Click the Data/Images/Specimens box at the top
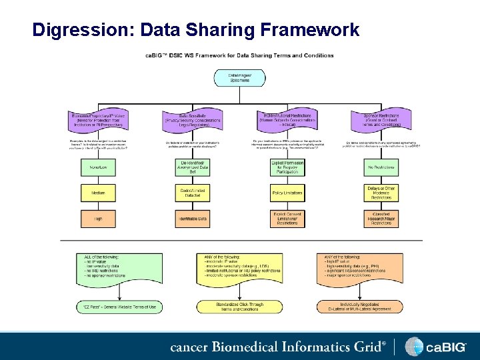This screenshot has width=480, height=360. (240, 77)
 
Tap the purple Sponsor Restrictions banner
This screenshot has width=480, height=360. (381, 119)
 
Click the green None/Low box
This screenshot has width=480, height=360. (99, 167)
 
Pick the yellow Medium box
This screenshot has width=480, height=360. (99, 193)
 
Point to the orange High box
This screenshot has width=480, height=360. (99, 218)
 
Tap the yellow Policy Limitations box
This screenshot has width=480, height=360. (287, 193)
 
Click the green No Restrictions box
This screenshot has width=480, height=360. (381, 167)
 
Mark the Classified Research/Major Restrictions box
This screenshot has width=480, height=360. (381, 218)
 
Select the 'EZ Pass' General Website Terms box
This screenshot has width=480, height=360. (119, 307)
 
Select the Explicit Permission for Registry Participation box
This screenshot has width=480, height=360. (287, 167)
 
